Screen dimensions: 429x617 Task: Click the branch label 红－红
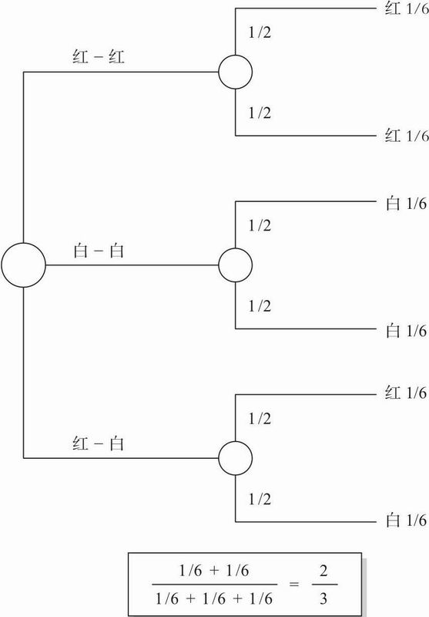click(99, 57)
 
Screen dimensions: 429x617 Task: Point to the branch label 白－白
click(99, 250)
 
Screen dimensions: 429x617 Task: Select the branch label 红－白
click(99, 443)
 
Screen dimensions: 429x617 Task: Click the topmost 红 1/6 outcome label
click(407, 8)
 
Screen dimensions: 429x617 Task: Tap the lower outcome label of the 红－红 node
click(407, 136)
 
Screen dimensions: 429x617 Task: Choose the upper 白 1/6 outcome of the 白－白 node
click(407, 204)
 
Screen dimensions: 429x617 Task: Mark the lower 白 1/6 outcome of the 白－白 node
click(407, 331)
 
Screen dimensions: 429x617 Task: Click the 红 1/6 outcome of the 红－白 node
click(406, 393)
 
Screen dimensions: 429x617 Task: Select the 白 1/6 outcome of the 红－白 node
click(407, 520)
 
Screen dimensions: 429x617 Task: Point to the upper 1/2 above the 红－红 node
click(260, 32)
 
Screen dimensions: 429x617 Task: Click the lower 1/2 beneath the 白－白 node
click(260, 305)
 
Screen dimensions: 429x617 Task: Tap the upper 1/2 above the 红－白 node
click(260, 418)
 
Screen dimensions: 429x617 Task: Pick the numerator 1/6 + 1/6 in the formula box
click(214, 571)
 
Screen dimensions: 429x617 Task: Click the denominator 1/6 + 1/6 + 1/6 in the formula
click(214, 598)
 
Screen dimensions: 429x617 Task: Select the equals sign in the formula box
click(294, 584)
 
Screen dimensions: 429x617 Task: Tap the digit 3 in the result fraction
click(323, 598)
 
